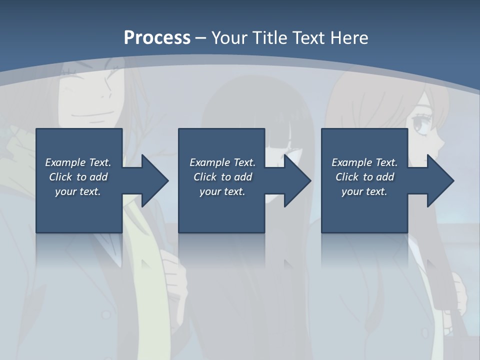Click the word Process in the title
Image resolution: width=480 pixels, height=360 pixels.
pyautogui.click(x=157, y=38)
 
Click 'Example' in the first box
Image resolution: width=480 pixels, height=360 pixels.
pyautogui.click(x=65, y=162)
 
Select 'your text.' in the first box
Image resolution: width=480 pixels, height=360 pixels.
pyautogui.click(x=78, y=191)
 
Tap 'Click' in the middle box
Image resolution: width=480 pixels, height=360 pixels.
pyautogui.click(x=205, y=177)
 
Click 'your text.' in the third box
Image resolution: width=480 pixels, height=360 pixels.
pyautogui.click(x=364, y=191)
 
